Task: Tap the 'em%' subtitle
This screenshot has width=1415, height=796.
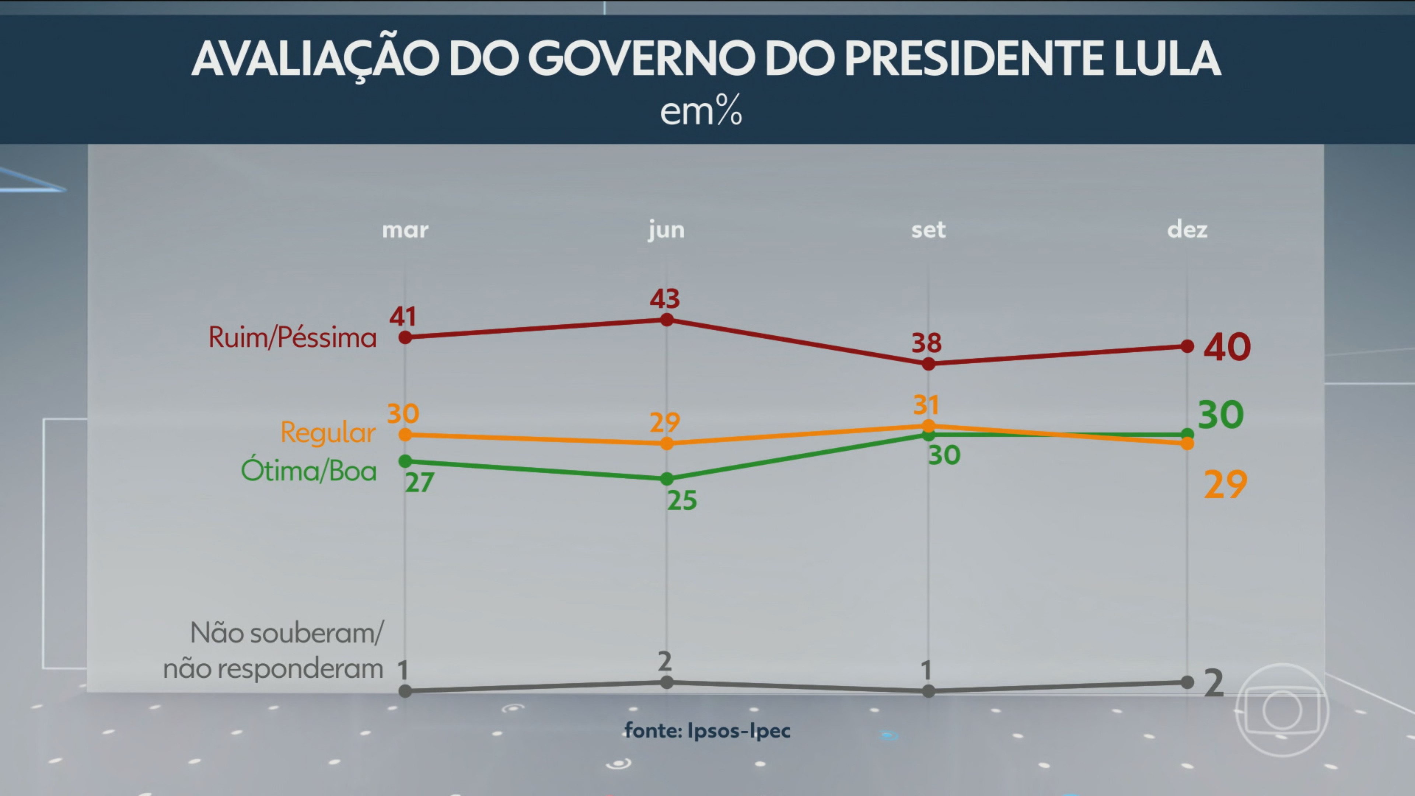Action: [701, 111]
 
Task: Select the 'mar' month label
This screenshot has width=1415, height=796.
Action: [405, 230]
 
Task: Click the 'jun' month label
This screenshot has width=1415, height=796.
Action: [666, 230]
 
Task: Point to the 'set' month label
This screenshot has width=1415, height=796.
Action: [928, 230]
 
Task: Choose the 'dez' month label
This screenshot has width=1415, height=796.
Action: [1187, 230]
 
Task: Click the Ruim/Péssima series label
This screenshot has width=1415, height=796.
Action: [292, 337]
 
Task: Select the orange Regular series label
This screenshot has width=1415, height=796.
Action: [328, 433]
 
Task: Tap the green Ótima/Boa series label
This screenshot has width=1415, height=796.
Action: [309, 471]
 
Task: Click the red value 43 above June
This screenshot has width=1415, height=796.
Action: [665, 299]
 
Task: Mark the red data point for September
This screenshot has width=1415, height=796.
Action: [928, 364]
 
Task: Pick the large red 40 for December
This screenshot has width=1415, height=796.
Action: [1227, 347]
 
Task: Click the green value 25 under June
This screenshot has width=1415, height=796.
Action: [682, 500]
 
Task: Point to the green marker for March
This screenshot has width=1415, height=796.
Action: [405, 461]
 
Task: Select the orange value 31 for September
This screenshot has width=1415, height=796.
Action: [926, 405]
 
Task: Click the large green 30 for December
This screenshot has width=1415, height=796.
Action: [1220, 415]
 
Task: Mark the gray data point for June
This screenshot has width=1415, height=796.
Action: [666, 682]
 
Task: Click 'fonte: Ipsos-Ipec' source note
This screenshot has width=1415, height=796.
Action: [707, 731]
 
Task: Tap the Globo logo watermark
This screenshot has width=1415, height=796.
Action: [1282, 710]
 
